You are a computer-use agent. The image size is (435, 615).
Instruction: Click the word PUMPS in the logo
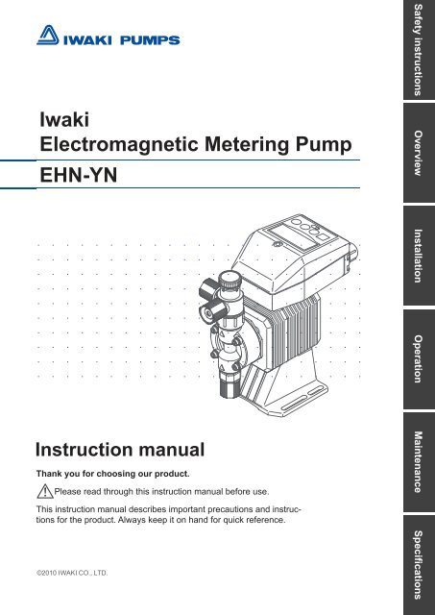pos(150,40)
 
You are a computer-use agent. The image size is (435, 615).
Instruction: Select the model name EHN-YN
pos(79,175)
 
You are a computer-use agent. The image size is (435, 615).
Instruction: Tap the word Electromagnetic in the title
pos(119,145)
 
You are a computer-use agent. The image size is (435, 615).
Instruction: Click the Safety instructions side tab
pos(419,50)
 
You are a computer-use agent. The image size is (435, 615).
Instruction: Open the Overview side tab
pos(419,153)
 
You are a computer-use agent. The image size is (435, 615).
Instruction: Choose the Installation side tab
pos(419,256)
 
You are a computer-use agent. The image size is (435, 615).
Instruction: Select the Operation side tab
pos(419,358)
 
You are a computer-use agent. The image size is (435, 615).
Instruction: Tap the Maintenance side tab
pos(419,462)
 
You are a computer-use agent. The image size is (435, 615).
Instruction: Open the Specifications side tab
pos(419,565)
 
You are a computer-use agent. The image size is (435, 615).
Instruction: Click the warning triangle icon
pos(45,491)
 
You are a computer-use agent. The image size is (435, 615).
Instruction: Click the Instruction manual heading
pos(120,450)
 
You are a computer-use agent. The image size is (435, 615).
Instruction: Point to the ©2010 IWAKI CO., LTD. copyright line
pos(72,573)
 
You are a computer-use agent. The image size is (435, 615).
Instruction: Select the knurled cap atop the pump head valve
pos(230,280)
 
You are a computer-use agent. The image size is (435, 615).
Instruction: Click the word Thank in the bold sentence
pos(49,474)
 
